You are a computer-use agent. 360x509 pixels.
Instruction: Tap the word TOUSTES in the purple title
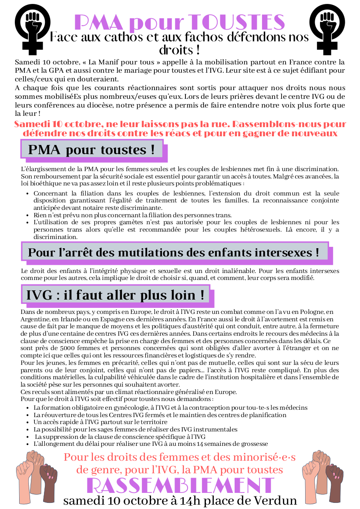click(238, 22)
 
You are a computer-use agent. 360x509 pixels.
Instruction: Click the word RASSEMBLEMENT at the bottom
click(180, 485)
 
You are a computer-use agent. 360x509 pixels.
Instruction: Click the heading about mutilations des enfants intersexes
click(173, 252)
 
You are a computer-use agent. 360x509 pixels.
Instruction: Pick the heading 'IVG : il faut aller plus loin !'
click(115, 295)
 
